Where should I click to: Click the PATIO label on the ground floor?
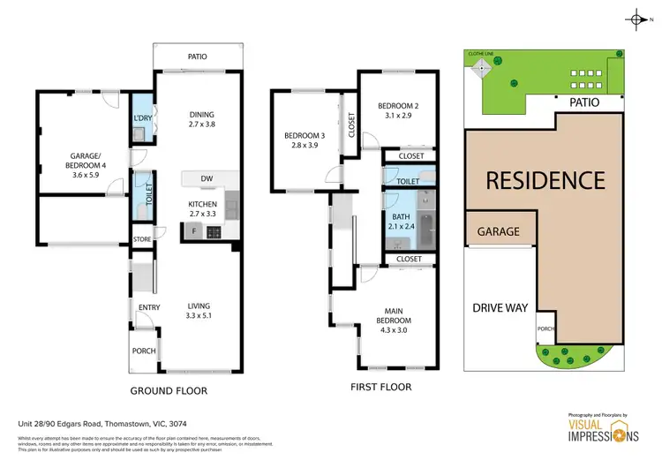[x=197, y=57]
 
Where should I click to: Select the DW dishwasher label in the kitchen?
[x=207, y=179]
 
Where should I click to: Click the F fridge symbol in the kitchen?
[x=194, y=232]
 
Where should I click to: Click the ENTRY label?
[x=147, y=307]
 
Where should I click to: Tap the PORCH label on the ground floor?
[x=143, y=351]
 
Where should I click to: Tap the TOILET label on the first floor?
[x=407, y=181]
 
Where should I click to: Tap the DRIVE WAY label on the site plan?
[x=500, y=307]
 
